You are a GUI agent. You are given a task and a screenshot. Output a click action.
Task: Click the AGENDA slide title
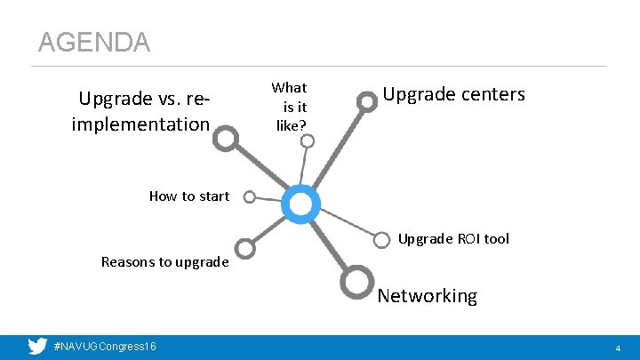(93, 42)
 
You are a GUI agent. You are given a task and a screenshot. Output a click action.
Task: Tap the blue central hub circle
(301, 204)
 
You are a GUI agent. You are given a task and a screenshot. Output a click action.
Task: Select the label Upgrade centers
(453, 94)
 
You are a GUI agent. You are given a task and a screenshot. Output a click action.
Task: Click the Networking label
(427, 296)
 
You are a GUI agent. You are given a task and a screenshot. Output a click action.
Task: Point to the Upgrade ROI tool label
(453, 238)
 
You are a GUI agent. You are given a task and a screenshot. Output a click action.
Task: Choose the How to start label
(188, 196)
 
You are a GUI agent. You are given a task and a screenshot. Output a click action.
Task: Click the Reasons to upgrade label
(164, 261)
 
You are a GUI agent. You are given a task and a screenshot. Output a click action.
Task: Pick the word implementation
(140, 124)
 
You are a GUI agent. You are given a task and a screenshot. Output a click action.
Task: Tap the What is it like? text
(290, 107)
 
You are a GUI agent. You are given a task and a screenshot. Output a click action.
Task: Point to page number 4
(618, 348)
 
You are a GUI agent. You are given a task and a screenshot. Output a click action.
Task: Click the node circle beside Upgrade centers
(366, 101)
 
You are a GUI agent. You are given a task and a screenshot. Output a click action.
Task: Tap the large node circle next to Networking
(356, 281)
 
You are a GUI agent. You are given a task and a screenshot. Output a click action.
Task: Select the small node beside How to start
(250, 196)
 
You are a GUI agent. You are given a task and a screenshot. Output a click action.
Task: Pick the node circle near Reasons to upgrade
(246, 250)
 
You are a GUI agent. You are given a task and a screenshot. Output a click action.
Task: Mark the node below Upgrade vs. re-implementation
(227, 138)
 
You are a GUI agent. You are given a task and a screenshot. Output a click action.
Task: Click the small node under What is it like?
(306, 140)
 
